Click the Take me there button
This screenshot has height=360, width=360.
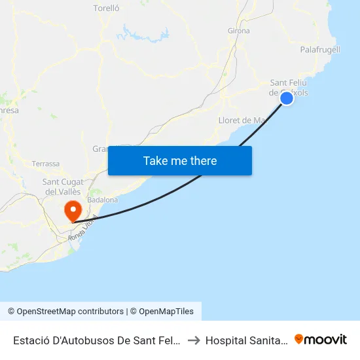tap(180, 160)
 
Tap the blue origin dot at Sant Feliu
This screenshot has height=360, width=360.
tap(287, 98)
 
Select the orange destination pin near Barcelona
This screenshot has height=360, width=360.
tap(72, 210)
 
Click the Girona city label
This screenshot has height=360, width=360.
tap(238, 31)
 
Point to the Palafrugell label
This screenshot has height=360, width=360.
tap(320, 50)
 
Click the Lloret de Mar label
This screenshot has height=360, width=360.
tap(242, 120)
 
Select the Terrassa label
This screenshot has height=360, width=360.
tap(46, 163)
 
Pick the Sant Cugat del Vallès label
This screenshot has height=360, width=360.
tap(62, 187)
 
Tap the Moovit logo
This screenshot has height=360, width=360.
tap(321, 339)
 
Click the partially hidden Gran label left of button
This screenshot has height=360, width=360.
tap(100, 149)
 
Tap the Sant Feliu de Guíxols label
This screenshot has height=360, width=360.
tap(289, 87)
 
